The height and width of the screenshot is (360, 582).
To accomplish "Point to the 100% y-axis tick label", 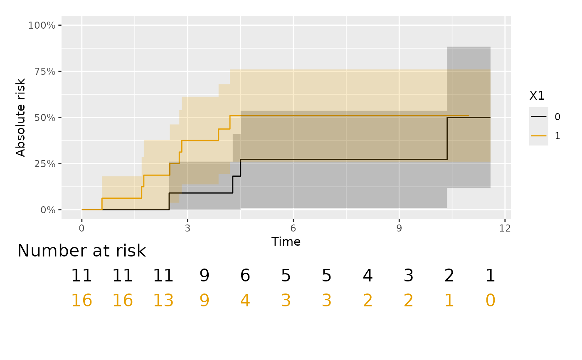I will (x=42, y=25).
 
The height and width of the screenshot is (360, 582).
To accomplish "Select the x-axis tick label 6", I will (x=293, y=228).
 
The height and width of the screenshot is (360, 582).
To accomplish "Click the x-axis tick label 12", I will (x=505, y=228).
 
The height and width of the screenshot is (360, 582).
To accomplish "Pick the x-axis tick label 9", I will (x=399, y=228).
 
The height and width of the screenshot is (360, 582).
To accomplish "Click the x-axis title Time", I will (x=286, y=242).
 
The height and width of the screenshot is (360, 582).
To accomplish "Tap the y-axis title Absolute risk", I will (x=21, y=117).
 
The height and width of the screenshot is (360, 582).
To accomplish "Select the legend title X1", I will (x=537, y=96).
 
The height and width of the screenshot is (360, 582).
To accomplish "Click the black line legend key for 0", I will (x=538, y=117).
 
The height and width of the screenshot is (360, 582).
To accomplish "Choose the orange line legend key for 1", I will (x=538, y=136).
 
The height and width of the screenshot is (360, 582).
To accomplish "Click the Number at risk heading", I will (x=81, y=251).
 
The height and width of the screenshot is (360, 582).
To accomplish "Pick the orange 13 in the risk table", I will (x=163, y=301).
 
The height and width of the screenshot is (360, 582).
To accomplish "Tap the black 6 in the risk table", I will (x=245, y=276).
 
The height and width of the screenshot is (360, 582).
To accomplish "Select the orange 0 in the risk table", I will (x=491, y=301).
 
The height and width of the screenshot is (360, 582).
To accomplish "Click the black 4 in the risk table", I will (x=368, y=276).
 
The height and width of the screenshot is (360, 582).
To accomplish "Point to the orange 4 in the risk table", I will (x=245, y=301).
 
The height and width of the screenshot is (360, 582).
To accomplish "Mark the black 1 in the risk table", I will (x=491, y=276).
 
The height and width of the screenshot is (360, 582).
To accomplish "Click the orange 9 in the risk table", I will (x=204, y=301).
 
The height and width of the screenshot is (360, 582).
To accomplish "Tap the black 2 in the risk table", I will (x=449, y=276).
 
